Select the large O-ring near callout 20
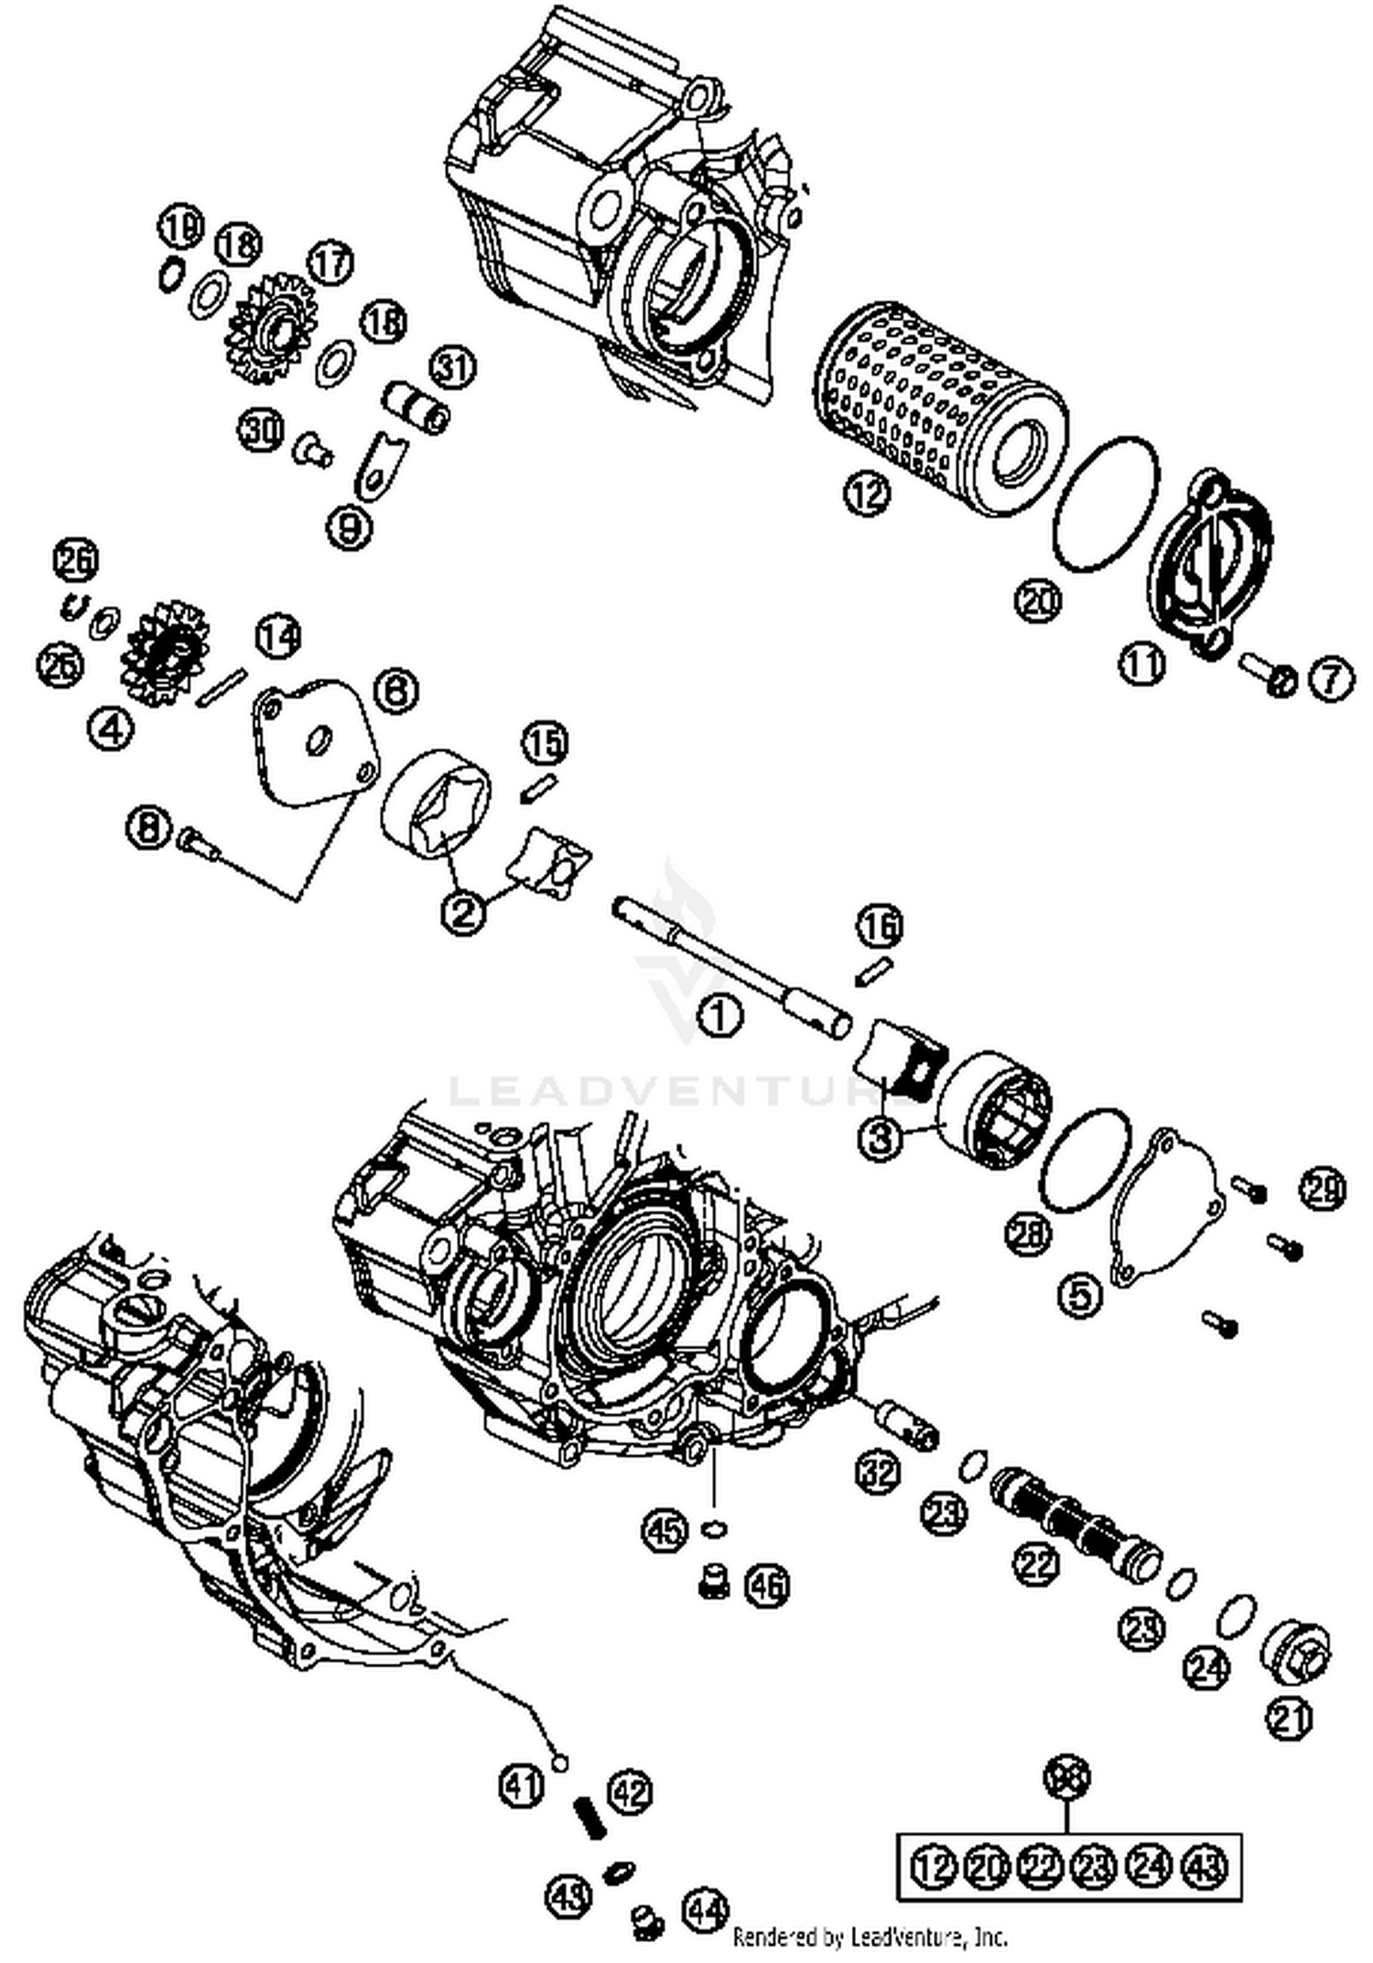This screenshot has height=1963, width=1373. pos(1106,505)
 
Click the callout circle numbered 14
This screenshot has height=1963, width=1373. pos(277,637)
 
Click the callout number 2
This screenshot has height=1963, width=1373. pos(464,911)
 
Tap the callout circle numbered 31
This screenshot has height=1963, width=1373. pos(454,368)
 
